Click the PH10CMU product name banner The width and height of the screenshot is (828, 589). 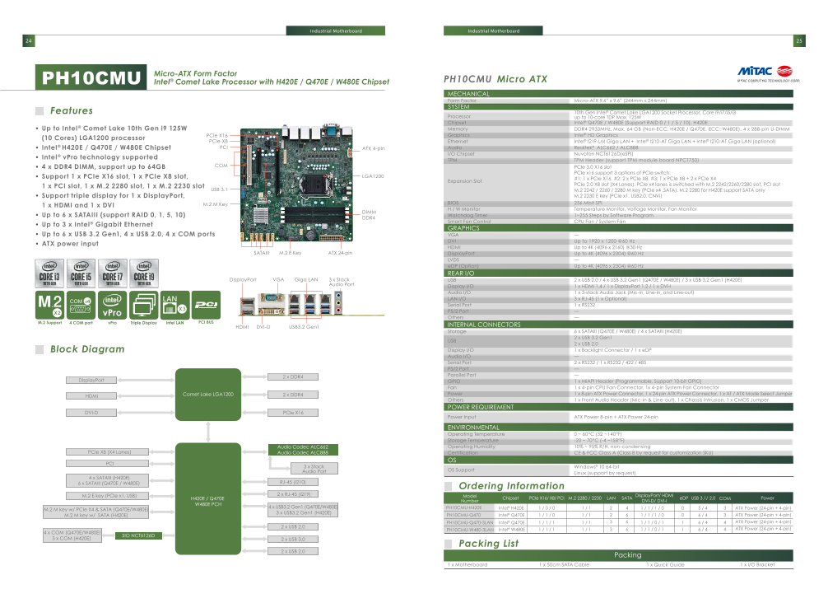[x=90, y=78]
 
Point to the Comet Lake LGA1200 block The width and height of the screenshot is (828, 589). [x=207, y=395]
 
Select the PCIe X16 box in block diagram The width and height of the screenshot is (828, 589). [x=293, y=412]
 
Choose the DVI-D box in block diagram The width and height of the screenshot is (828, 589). [x=91, y=412]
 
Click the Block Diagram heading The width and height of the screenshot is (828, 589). [x=87, y=349]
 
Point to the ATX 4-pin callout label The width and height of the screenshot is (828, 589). [x=374, y=148]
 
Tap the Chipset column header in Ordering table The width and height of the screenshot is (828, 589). [x=511, y=498]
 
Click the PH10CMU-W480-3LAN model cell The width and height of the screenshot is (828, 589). [x=470, y=530]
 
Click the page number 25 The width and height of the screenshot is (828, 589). [x=798, y=41]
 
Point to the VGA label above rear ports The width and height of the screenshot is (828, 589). [x=278, y=280]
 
